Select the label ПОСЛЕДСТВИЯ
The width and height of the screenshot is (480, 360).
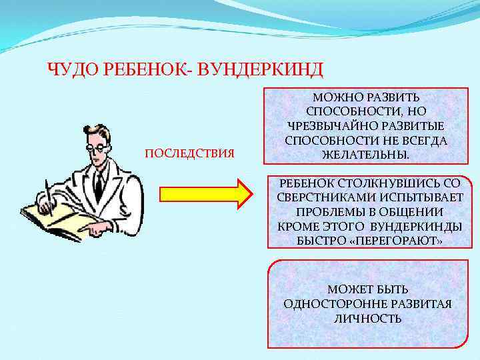tap(189, 155)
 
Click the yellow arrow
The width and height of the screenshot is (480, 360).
tap(205, 193)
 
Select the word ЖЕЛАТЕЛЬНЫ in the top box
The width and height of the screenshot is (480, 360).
tap(366, 155)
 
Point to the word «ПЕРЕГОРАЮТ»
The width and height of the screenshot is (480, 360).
tap(395, 241)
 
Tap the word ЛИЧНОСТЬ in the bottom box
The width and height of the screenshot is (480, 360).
tap(367, 319)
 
